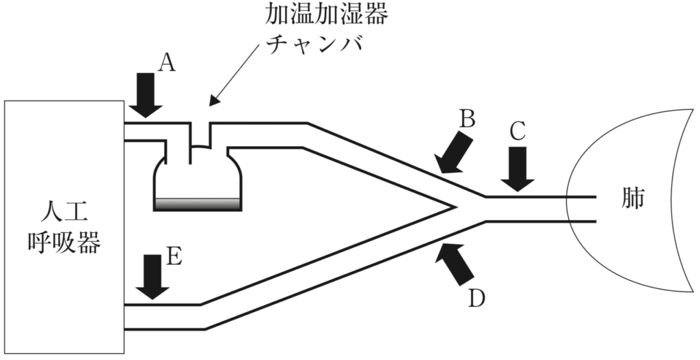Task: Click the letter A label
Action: (167, 64)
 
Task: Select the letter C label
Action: (517, 131)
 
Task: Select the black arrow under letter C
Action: (518, 168)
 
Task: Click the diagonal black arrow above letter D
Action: (456, 263)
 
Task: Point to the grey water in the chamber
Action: (197, 204)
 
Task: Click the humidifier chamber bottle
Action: (197, 181)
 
